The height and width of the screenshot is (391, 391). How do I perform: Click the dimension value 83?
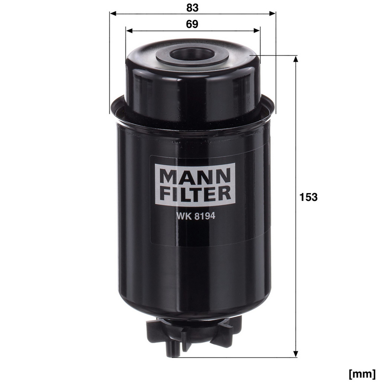point(192,8)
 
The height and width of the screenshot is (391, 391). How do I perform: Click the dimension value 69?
point(192,24)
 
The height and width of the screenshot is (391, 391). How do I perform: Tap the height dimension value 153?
point(308,197)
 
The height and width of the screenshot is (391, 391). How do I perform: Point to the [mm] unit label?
point(362,374)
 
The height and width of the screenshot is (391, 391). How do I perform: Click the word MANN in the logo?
point(195,176)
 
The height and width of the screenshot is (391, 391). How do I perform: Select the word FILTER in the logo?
point(195,194)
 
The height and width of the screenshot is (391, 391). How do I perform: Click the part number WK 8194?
point(195,216)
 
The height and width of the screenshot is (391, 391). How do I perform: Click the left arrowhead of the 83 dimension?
point(113,13)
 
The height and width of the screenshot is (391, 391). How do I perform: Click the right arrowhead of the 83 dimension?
point(272,13)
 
